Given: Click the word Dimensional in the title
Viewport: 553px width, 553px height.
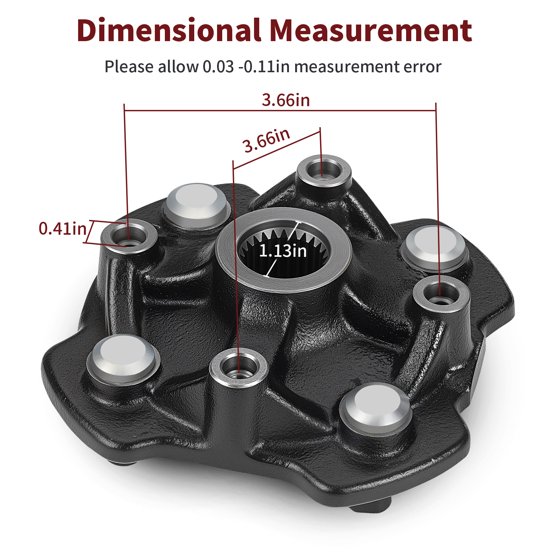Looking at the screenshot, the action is pos(169,30).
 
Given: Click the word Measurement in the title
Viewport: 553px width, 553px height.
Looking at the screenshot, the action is pos(371,30).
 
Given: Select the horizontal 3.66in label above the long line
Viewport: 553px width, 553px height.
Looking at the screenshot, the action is pos(286,100).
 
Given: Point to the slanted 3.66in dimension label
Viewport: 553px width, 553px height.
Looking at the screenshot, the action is pos(266,140).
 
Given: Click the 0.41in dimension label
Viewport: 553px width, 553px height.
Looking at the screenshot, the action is pos(63,228).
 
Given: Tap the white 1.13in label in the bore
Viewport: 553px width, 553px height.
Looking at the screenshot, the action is pos(283,251).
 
